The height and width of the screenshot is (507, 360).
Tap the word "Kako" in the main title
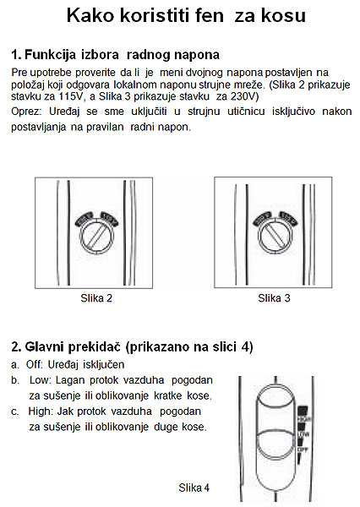point(93,16)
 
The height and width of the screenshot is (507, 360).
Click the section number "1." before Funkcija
point(16,55)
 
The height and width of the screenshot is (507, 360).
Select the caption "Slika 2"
point(96,297)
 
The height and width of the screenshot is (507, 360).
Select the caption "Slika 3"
point(274,297)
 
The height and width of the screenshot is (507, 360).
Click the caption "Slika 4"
point(194,488)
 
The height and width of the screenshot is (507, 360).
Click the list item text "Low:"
point(41,381)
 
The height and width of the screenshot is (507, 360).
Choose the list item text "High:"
point(41,412)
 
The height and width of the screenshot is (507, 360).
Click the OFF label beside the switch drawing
point(303,449)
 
